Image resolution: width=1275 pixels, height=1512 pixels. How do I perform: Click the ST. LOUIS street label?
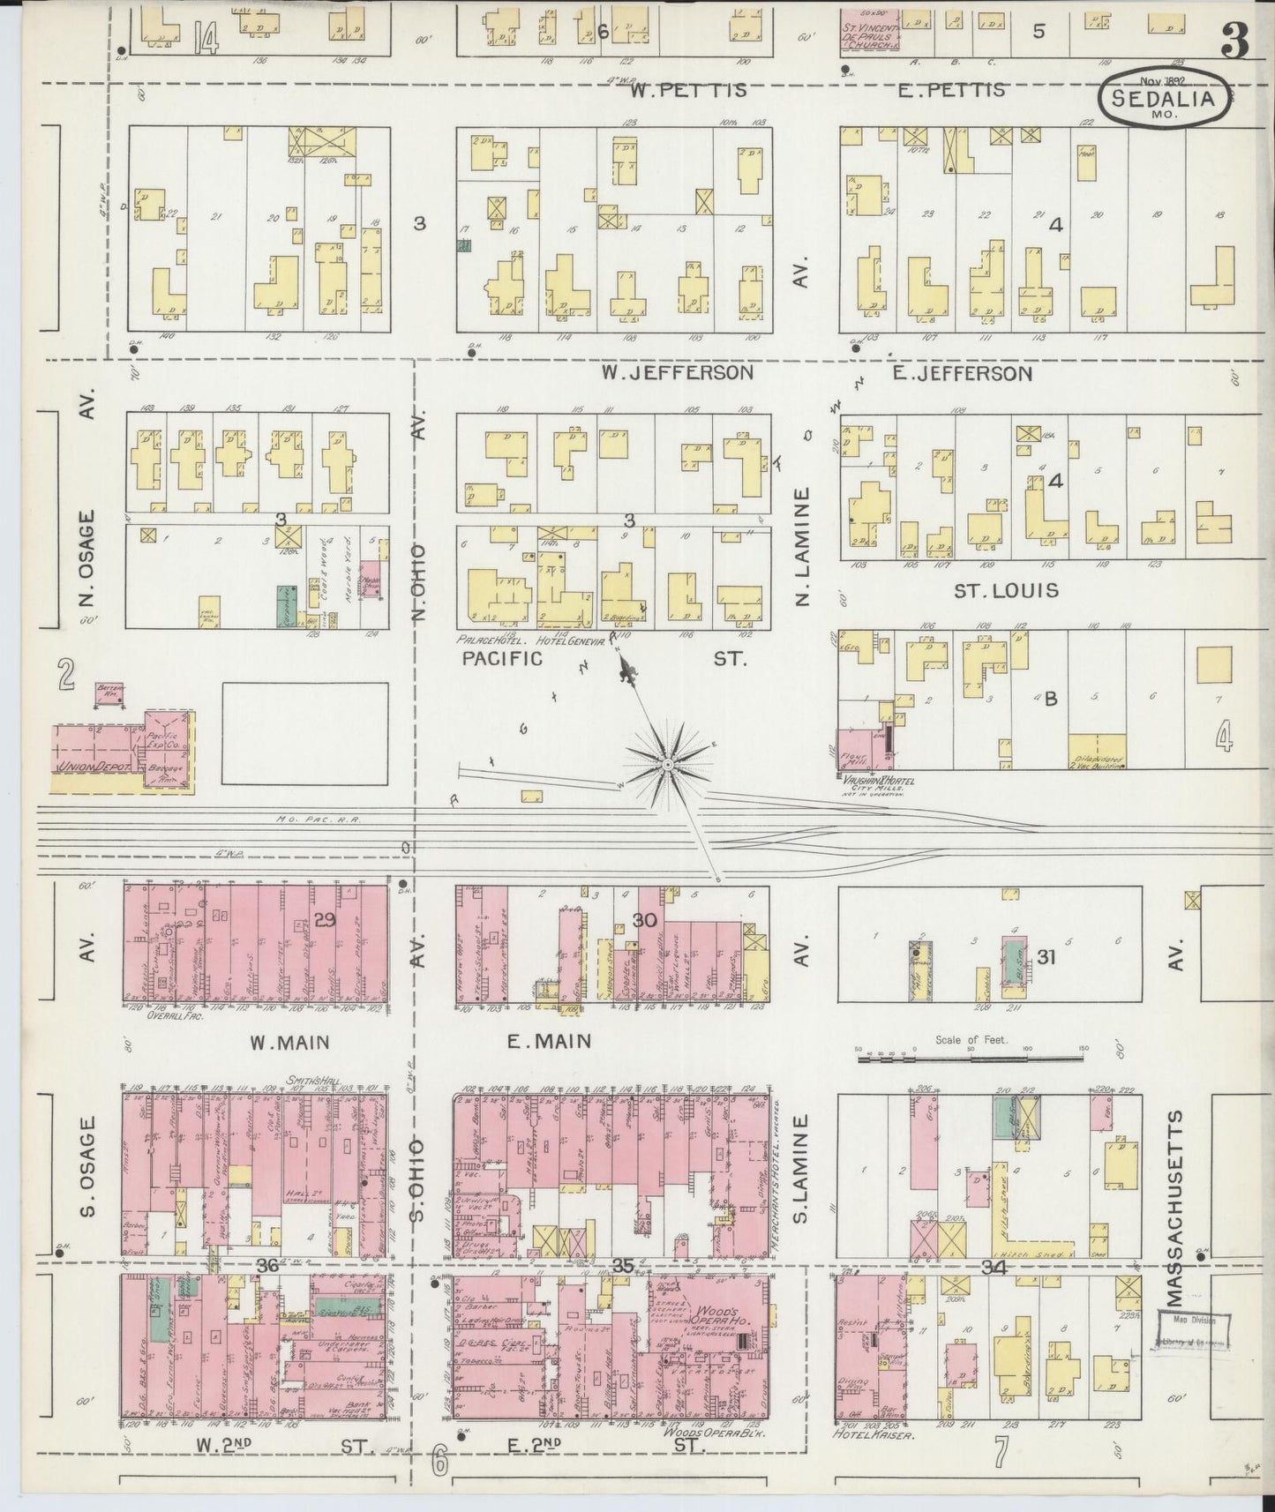pos(1005,589)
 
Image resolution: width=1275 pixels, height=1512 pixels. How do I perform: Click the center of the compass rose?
pos(669,761)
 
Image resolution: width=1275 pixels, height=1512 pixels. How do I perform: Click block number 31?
pos(1046,955)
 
